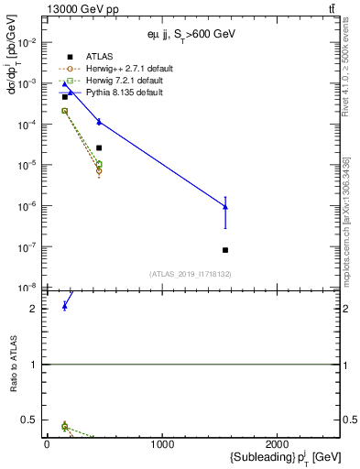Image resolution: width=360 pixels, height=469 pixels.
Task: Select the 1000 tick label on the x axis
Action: click(x=162, y=444)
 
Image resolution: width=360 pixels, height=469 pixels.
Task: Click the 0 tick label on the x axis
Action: click(x=47, y=444)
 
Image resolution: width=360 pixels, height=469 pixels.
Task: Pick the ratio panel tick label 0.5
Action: click(x=28, y=420)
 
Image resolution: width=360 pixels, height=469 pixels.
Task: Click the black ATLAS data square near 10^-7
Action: click(x=225, y=250)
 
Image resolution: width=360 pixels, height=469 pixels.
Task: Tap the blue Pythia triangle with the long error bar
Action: click(x=225, y=207)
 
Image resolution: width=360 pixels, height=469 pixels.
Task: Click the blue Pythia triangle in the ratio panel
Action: click(x=64, y=305)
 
